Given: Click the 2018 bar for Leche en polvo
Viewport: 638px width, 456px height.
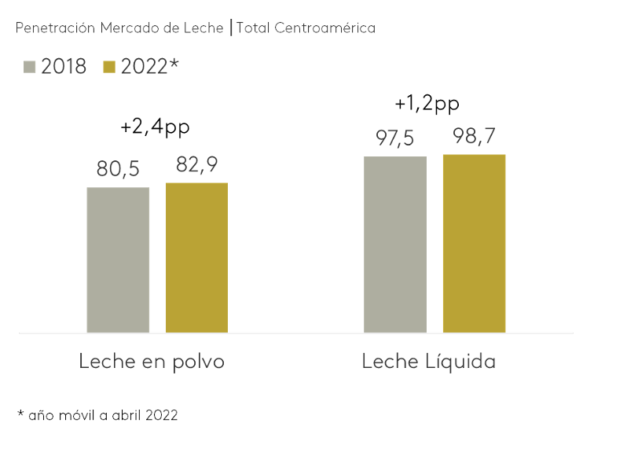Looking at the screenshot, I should point(118,259).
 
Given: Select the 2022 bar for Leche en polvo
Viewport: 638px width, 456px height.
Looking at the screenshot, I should point(196,257).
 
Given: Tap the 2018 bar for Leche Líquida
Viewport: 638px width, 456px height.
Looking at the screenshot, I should point(395,244).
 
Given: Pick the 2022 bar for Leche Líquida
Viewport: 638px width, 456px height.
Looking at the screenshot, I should point(474,243).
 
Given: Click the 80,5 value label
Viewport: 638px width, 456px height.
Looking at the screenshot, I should point(118,169).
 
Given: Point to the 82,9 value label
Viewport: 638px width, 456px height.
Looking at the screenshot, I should point(196,165).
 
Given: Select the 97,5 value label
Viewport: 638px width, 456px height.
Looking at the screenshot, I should point(394,139).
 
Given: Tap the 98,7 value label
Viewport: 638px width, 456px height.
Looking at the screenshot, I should point(474,137).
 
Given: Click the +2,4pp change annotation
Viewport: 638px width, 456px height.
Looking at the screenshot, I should point(156,127).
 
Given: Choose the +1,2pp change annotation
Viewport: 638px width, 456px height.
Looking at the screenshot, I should point(427,103).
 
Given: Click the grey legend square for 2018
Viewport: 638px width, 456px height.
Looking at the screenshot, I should point(31,67).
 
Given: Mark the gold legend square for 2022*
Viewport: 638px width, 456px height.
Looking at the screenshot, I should point(110,67).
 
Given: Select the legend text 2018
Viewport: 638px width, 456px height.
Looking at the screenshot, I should point(64,67).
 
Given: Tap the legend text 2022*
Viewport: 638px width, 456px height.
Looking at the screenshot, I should point(149,67).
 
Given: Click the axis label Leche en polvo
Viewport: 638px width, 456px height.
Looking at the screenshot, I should point(152,362).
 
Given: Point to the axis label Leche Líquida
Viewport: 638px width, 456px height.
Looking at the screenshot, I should point(429,362).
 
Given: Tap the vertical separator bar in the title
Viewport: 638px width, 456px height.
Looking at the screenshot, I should point(230,28).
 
